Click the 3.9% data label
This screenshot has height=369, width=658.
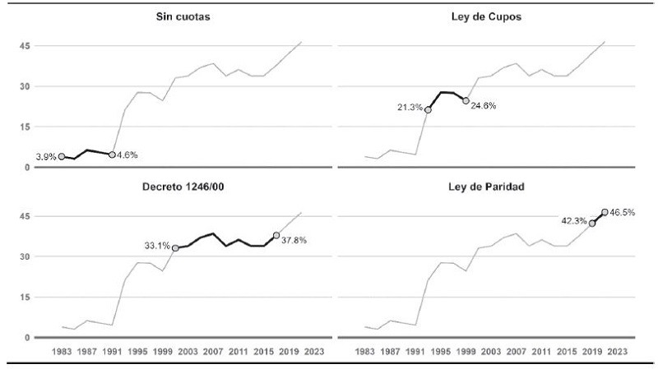click(45, 156)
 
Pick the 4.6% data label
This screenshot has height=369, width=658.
click(127, 155)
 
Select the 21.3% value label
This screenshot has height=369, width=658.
click(410, 108)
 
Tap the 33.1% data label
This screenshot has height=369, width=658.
click(156, 244)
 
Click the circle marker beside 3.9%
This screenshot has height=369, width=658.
click(62, 156)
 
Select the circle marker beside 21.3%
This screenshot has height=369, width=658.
click(428, 110)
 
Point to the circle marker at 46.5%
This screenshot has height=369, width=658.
click(605, 212)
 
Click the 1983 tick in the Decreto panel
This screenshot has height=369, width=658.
click(62, 351)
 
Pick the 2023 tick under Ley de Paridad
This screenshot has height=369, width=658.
click(617, 351)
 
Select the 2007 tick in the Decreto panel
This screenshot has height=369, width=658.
click(213, 351)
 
